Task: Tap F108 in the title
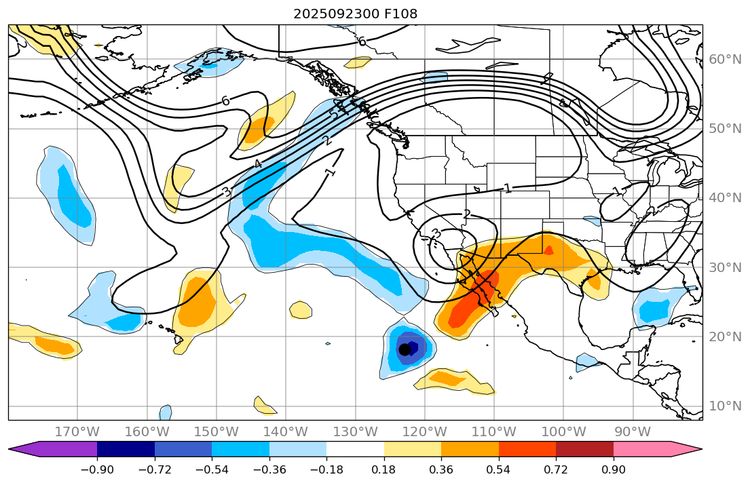coord(400,14)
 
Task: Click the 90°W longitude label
coord(633,432)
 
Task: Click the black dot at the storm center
coord(405,349)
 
